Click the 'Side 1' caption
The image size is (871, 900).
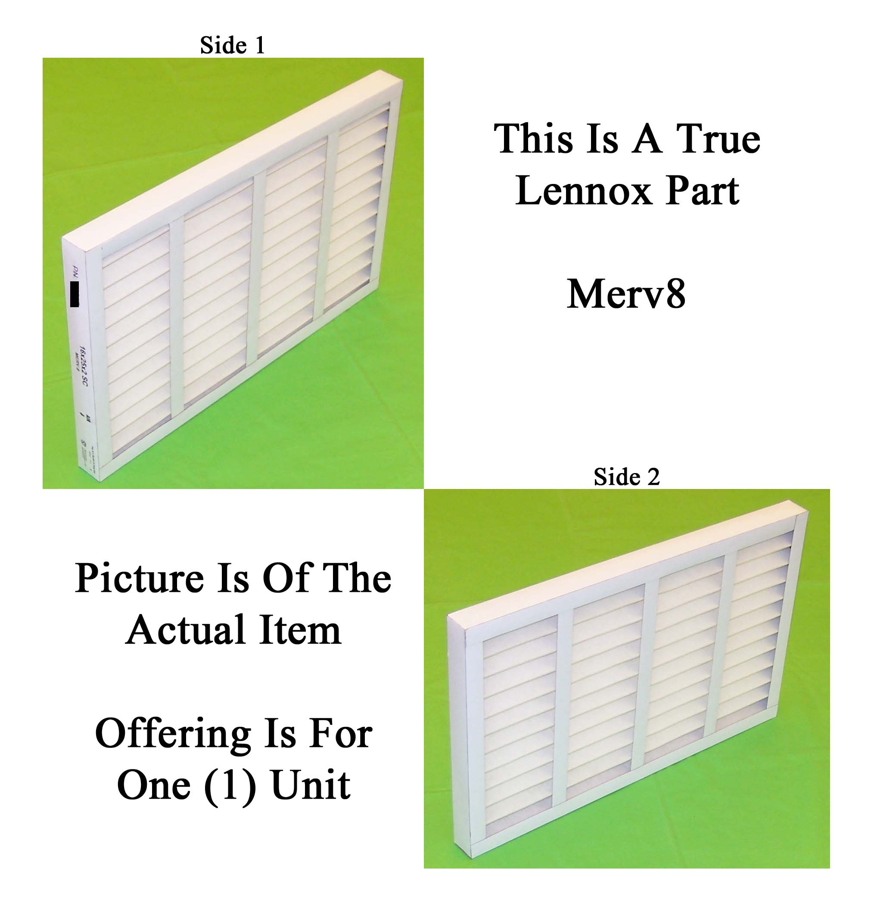coord(232,46)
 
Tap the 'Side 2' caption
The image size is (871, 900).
coord(626,476)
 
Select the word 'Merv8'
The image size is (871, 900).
coord(626,294)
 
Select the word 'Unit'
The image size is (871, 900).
coord(311,785)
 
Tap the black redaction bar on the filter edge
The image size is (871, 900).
coord(75,294)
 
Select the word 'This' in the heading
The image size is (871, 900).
coord(534,139)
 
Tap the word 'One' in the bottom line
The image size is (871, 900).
coord(153,785)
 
